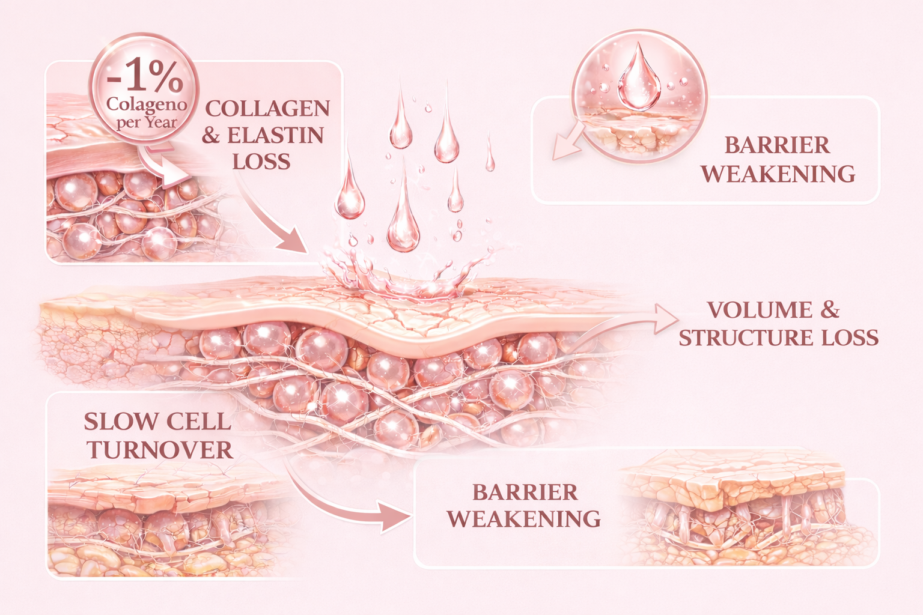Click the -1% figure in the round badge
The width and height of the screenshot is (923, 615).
pos(145,77)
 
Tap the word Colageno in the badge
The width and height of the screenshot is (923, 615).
pos(147,105)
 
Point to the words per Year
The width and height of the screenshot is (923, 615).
pos(147,123)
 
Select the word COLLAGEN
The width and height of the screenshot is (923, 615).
pos(267,109)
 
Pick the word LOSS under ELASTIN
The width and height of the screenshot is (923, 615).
pos(261,162)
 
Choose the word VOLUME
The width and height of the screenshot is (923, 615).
pos(760,310)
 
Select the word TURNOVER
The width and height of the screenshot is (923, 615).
pos(160,450)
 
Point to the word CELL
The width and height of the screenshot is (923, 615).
pos(198,422)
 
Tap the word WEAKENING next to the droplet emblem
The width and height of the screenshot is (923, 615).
pos(778,174)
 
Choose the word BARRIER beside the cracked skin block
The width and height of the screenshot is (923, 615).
pos(525,492)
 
